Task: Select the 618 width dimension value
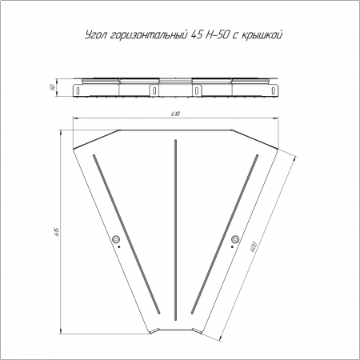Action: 176,114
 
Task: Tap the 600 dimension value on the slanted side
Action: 253,246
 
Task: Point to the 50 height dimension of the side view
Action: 53,87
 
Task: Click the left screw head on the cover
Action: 116,239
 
